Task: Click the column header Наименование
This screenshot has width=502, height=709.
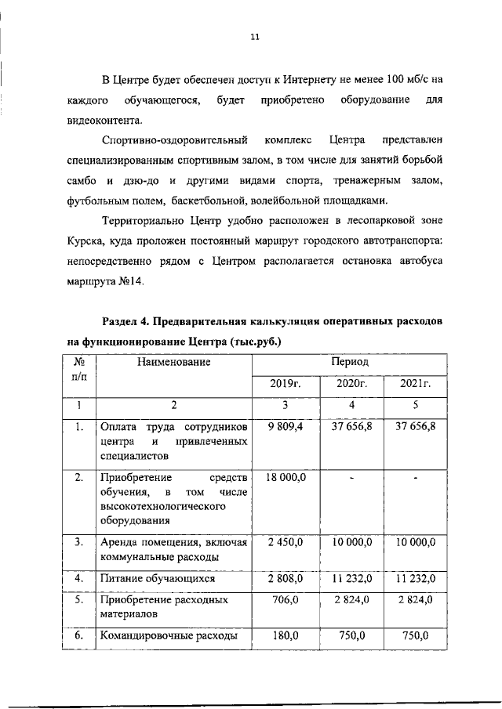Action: pos(174,363)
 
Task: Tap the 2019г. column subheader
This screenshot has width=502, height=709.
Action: pos(286,384)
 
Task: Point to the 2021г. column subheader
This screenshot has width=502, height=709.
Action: pos(416,384)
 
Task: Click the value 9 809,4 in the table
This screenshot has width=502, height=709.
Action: pos(286,426)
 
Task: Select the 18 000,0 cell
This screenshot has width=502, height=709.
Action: pos(286,476)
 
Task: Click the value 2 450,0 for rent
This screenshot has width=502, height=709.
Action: pos(286,542)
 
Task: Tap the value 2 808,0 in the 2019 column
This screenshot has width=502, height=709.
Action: pos(286,579)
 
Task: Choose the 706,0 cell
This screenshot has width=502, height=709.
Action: pos(286,599)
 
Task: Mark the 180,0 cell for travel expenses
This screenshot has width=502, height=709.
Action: pos(286,635)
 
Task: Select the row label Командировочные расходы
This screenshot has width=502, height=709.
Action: pos(168,636)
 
